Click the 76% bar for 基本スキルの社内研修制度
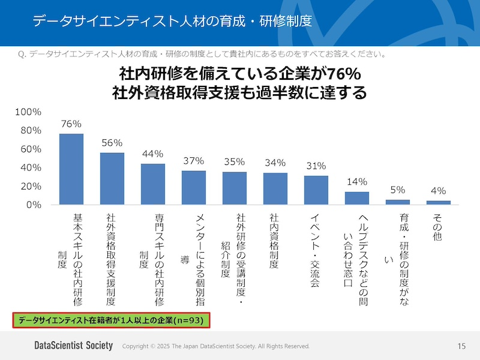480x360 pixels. (71, 169)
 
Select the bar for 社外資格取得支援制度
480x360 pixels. (112, 179)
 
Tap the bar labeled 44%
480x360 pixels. (153, 184)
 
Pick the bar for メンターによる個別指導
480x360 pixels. (194, 188)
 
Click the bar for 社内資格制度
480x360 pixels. (275, 189)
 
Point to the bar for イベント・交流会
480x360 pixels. (316, 190)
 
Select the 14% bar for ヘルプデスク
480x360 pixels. (357, 199)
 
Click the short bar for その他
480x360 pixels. (439, 203)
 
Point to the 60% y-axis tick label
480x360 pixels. (31, 149)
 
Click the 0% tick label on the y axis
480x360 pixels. (33, 205)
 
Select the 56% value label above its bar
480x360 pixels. (112, 143)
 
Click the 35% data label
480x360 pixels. (235, 161)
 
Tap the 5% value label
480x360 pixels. (398, 190)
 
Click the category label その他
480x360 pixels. (437, 228)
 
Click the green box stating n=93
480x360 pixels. (110, 320)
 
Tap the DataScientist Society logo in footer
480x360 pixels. (73, 346)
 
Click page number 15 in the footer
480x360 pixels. (461, 346)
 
